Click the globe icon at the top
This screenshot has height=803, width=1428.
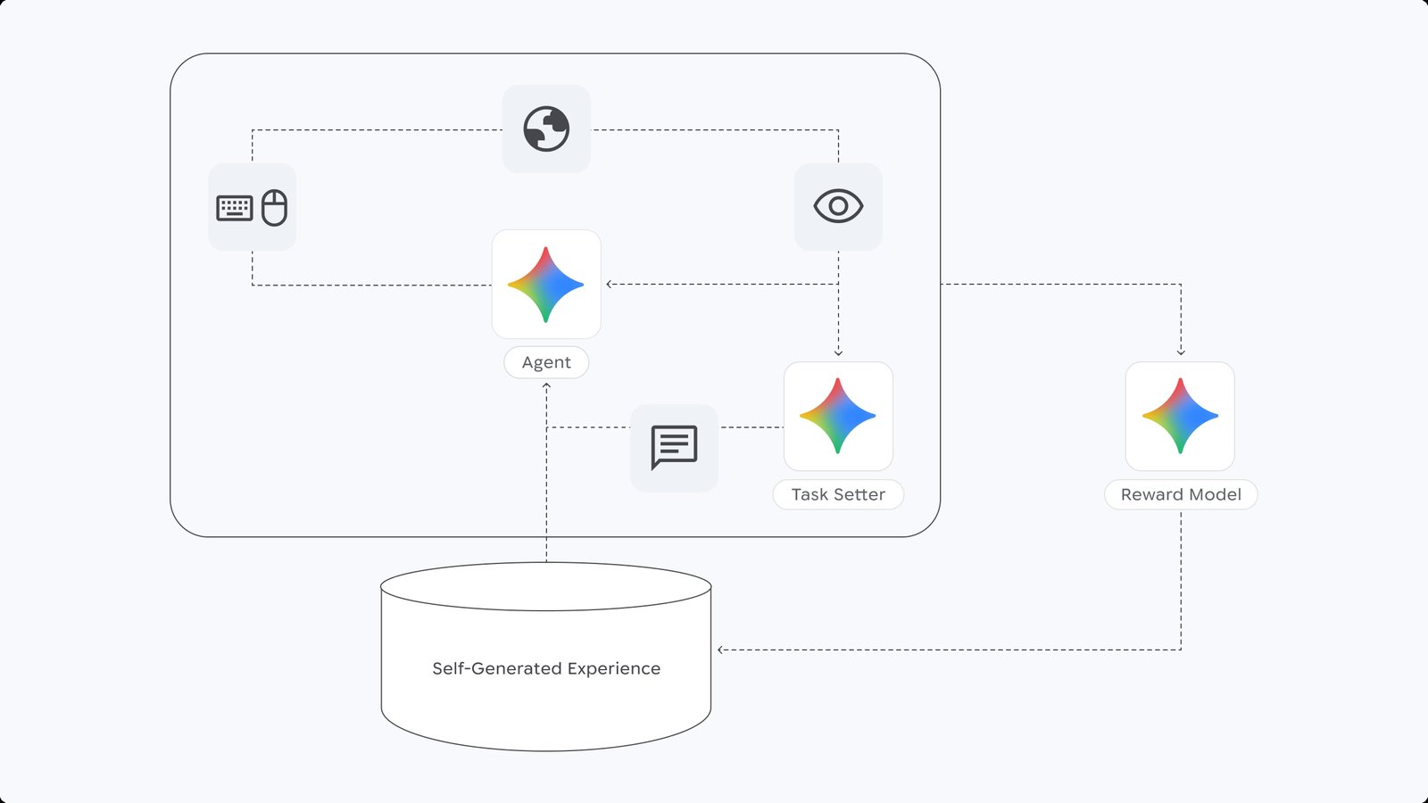546,129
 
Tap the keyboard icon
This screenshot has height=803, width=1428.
235,208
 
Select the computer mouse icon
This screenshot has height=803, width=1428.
274,207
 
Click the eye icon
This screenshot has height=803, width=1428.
838,206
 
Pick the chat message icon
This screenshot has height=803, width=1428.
674,447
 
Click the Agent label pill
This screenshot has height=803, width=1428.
546,362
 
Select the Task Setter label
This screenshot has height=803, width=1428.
838,494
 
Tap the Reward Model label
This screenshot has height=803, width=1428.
1181,494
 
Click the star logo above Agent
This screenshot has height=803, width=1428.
546,285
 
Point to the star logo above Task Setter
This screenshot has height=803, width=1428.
838,416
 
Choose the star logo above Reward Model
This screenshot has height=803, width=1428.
1181,416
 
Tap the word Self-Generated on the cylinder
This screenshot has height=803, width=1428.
496,668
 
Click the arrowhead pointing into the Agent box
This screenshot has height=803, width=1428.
609,285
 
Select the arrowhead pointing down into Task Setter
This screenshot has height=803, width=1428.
838,353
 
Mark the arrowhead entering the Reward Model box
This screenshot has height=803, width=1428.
1181,353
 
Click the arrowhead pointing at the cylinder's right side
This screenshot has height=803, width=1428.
720,650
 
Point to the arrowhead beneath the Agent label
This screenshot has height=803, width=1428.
546,385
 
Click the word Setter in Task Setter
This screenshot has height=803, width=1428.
859,494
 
